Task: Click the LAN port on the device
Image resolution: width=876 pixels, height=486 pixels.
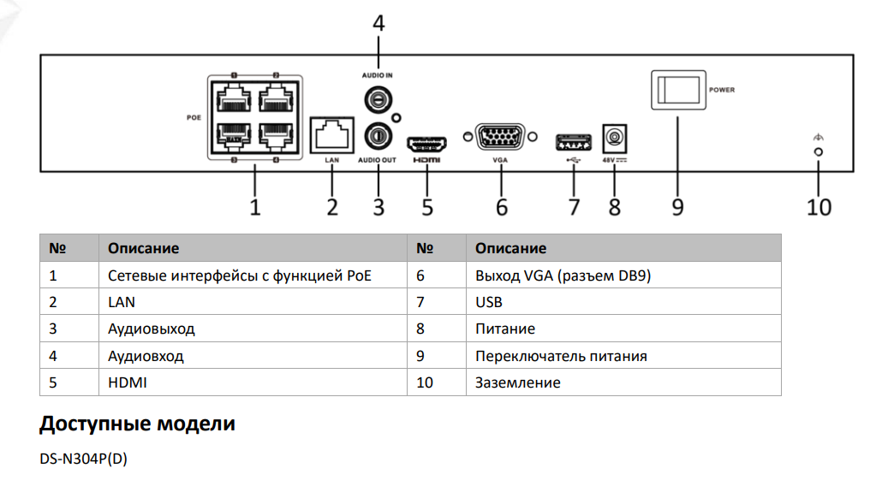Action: (331, 134)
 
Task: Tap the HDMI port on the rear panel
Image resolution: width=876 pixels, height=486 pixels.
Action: (427, 142)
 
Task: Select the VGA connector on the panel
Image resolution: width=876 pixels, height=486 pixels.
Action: (501, 137)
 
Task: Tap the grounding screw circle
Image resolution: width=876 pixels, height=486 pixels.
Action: (818, 151)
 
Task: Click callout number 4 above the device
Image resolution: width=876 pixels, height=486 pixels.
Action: (378, 22)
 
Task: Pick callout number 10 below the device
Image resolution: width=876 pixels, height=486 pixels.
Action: (819, 206)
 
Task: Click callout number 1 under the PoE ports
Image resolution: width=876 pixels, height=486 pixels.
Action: (254, 206)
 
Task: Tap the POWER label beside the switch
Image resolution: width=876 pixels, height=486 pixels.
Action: (722, 89)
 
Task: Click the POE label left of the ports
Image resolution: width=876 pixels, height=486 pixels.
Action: (194, 117)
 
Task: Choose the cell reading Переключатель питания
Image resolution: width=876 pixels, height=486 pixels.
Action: (561, 356)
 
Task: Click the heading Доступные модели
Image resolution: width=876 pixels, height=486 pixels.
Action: (137, 424)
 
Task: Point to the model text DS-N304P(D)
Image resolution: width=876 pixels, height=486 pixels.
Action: (83, 459)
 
